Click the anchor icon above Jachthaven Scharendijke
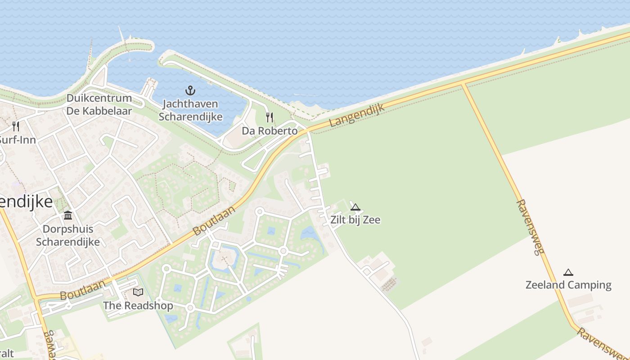tap(190, 90)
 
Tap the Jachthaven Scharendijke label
tap(190, 110)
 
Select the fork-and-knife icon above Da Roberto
tap(270, 117)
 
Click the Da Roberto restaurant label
tap(270, 131)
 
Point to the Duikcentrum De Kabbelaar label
tap(99, 104)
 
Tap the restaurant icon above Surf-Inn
tap(16, 126)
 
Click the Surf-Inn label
tap(17, 139)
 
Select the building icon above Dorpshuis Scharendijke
tap(68, 216)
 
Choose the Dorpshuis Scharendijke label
tap(68, 235)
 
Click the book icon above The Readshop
tap(138, 292)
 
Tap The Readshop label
tap(138, 306)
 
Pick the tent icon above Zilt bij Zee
tap(355, 207)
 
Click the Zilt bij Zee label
tap(355, 220)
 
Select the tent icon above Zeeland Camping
tap(568, 272)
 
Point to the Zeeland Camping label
tap(568, 285)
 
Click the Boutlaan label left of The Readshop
tap(82, 291)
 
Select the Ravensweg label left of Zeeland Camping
tap(530, 227)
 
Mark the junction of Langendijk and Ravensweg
tap(462, 84)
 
